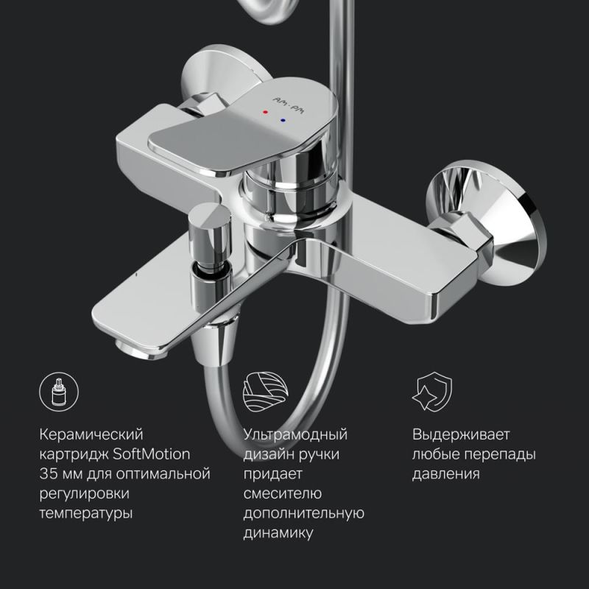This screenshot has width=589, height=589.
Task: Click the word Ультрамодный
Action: pyautogui.click(x=294, y=434)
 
